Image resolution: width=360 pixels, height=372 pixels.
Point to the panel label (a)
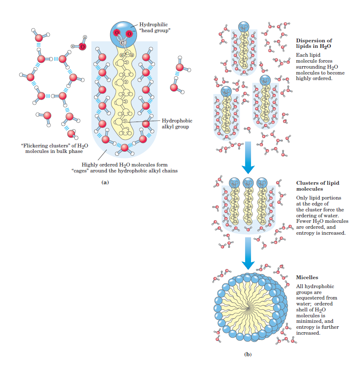[105, 182]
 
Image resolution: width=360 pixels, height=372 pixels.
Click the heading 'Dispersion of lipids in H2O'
[313, 43]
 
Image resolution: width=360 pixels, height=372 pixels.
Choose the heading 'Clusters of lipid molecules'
[317, 186]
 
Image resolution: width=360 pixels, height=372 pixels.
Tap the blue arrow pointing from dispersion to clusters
[248, 157]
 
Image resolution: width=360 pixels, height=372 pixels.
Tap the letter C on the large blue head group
[122, 42]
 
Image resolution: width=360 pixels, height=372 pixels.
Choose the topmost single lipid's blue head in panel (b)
[243, 27]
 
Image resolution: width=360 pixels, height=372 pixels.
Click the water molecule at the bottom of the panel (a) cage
[124, 147]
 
